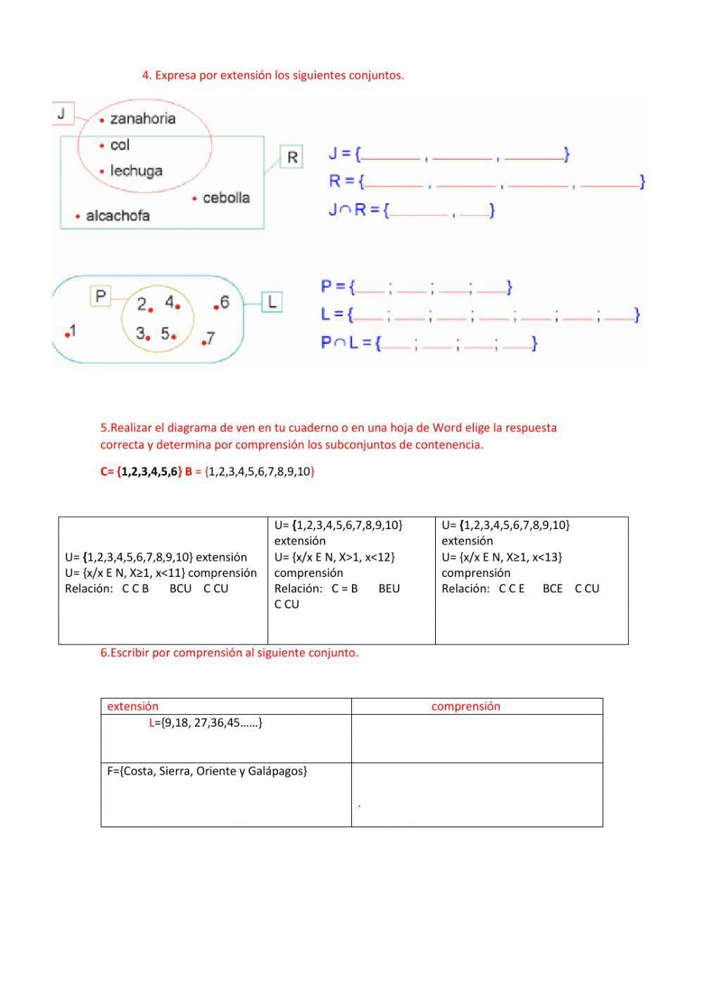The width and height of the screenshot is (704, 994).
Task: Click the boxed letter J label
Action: tap(63, 113)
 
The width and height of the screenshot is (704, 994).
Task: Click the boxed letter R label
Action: tap(292, 157)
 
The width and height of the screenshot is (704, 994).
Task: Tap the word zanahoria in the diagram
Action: tap(143, 119)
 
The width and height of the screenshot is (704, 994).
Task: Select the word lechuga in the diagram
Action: tap(137, 171)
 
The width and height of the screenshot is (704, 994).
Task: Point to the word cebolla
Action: tap(226, 198)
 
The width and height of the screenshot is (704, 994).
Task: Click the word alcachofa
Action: tap(118, 216)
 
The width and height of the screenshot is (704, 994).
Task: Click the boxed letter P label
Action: tap(101, 296)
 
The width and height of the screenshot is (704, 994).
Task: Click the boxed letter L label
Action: tap(272, 302)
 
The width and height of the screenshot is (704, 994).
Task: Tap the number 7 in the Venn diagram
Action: tap(210, 338)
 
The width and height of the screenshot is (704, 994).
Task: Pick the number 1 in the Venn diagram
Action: tap(73, 331)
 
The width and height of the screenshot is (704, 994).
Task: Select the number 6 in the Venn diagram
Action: tap(225, 302)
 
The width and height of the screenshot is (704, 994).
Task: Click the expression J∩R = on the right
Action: tap(354, 210)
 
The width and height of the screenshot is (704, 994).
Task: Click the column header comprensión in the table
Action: tap(465, 706)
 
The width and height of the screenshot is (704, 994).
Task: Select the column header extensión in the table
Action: tap(132, 706)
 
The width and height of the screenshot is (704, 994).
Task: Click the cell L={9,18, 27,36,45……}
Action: tap(206, 722)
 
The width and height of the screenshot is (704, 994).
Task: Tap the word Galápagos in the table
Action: tap(278, 771)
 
